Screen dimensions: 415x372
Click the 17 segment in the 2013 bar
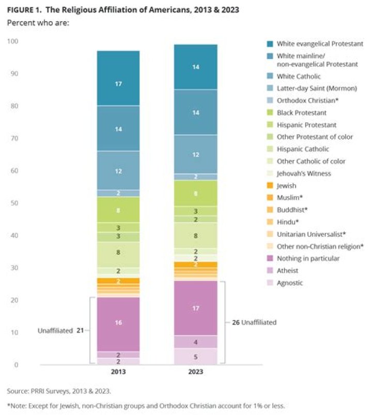tap(118, 83)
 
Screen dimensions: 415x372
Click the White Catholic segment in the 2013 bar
tap(118, 170)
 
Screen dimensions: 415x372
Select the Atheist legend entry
tap(287, 270)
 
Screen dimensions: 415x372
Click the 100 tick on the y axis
tap(12, 41)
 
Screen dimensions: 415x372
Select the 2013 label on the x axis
tap(118, 372)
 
